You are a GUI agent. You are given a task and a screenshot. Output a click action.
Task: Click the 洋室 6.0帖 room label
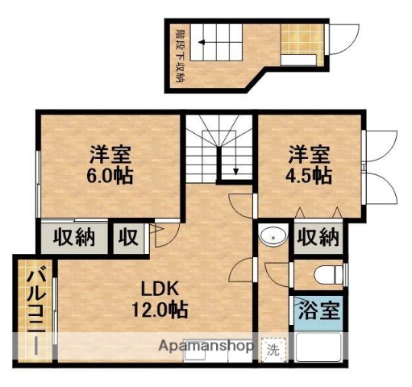(110, 164)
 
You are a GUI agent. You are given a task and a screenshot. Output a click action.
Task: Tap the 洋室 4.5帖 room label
(310, 163)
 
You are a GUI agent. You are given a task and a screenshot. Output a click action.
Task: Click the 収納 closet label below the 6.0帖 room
(74, 237)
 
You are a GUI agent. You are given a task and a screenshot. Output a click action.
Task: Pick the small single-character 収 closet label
(129, 237)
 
